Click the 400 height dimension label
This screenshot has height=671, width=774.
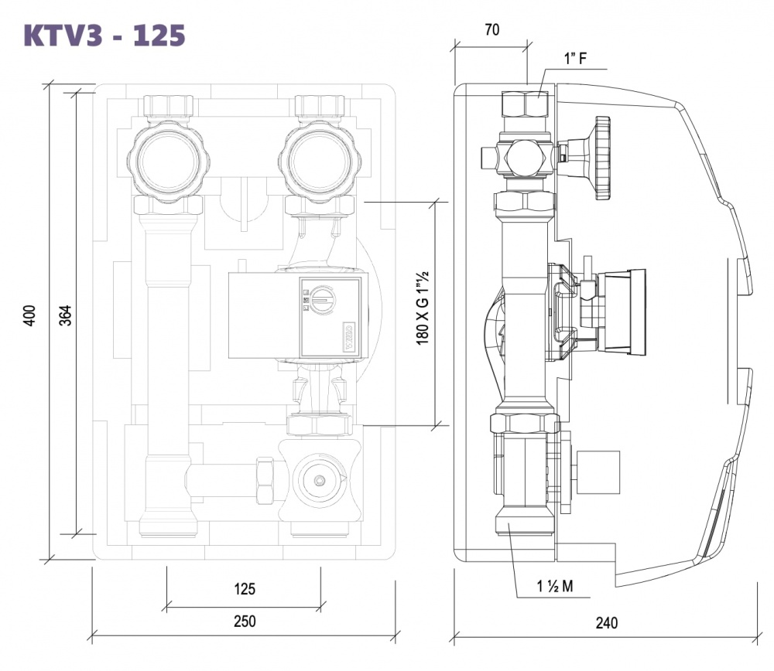[x=30, y=315]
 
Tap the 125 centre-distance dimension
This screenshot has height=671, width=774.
[x=244, y=589]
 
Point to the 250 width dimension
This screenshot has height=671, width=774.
[x=244, y=621]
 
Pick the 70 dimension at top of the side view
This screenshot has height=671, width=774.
[x=491, y=30]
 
